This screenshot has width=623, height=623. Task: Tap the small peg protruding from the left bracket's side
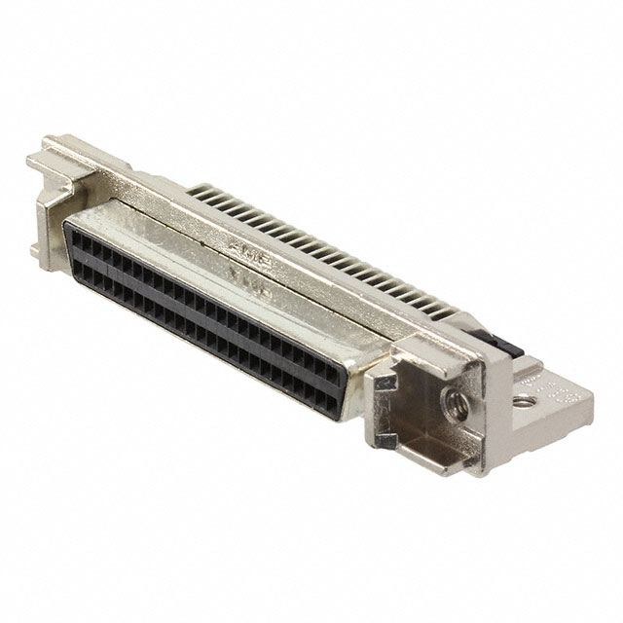click(34, 250)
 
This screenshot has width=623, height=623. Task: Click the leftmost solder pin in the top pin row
click(198, 194)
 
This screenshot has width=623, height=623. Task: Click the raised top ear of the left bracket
click(44, 157)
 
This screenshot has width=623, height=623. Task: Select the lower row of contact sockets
click(195, 331)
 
